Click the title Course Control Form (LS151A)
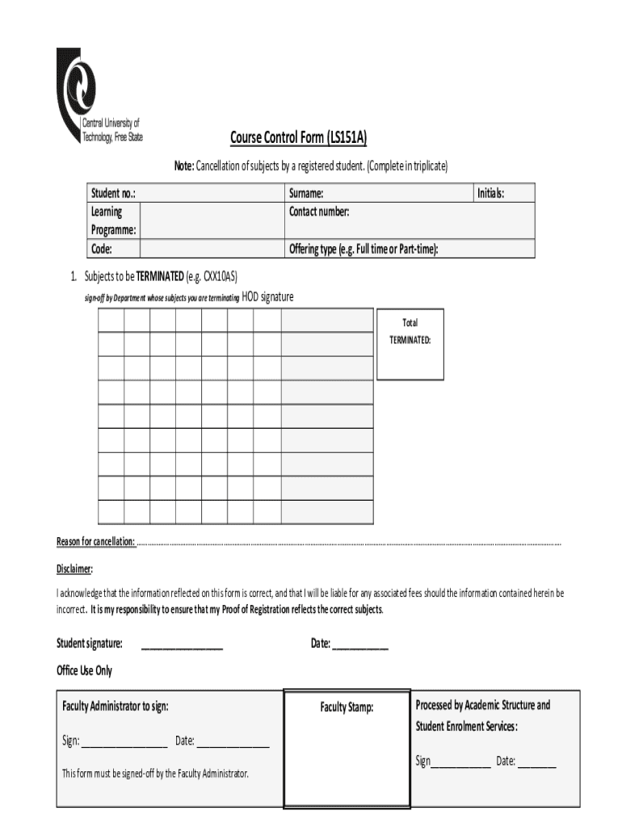click(x=298, y=138)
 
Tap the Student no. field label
click(x=112, y=193)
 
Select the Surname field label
click(x=306, y=193)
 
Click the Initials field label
click(x=490, y=193)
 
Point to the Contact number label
click(x=319, y=212)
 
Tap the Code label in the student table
click(x=101, y=249)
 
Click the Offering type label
click(x=364, y=249)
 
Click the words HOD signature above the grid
click(x=267, y=297)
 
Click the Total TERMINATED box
click(x=410, y=344)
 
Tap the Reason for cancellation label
click(x=95, y=541)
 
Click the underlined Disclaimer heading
click(x=74, y=568)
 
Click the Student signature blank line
click(x=182, y=644)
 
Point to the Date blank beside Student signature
click(x=359, y=644)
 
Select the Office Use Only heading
click(x=84, y=670)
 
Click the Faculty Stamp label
click(x=347, y=707)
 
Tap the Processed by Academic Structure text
click(x=482, y=705)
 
